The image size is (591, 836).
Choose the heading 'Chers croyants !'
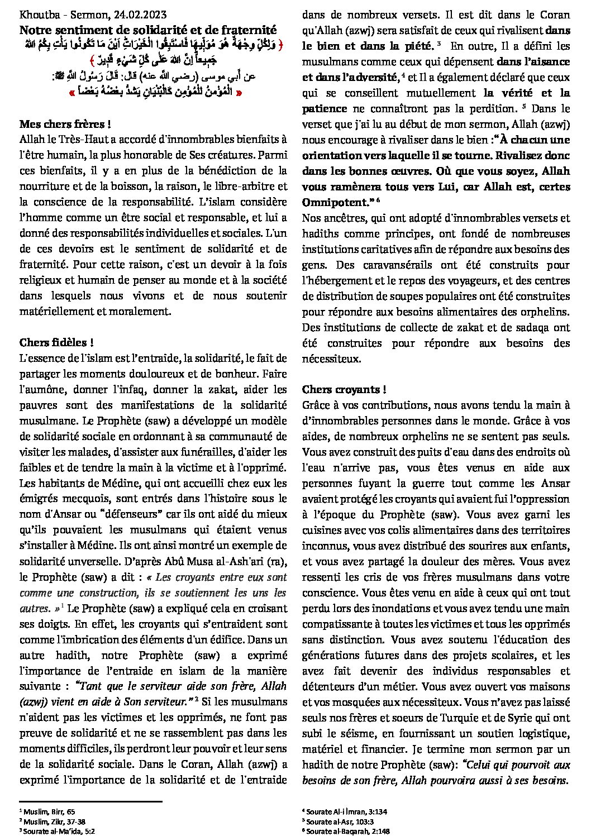pos(344,389)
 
